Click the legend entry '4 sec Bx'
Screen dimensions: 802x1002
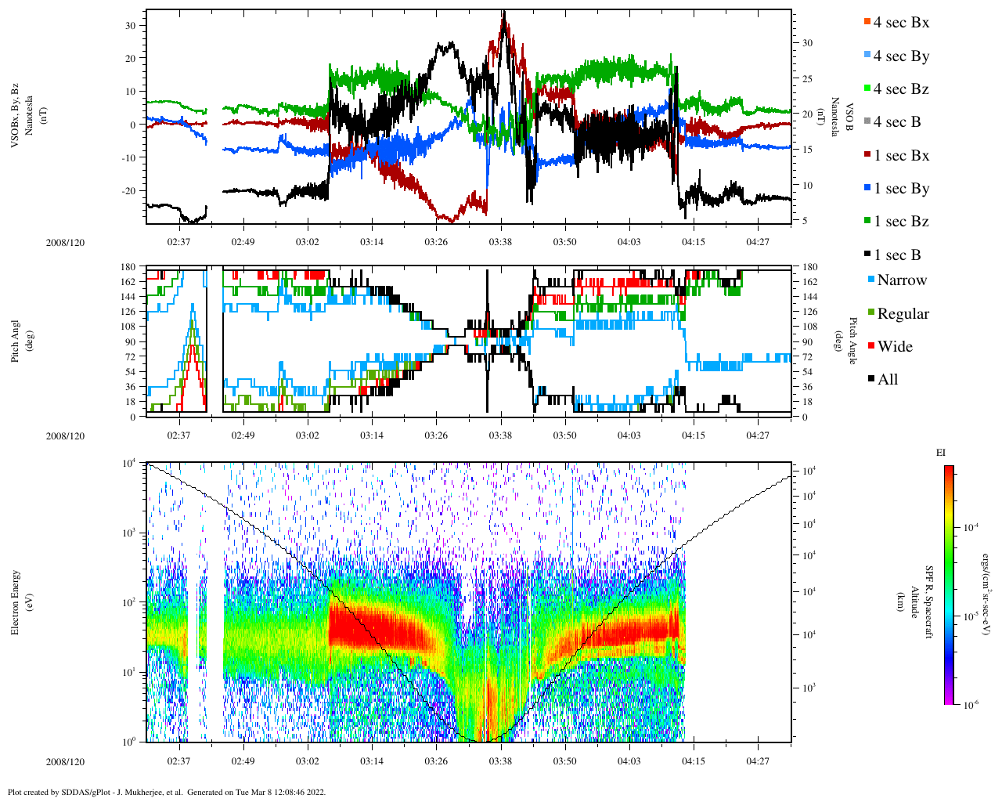pyautogui.click(x=900, y=23)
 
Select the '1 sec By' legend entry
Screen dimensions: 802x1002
pyautogui.click(x=900, y=189)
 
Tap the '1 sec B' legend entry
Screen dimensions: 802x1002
pyautogui.click(x=896, y=255)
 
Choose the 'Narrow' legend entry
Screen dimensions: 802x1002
pyautogui.click(x=901, y=280)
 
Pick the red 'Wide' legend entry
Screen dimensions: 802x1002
pyautogui.click(x=894, y=347)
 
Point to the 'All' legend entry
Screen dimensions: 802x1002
pyautogui.click(x=887, y=380)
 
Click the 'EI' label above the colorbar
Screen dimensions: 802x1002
pyautogui.click(x=941, y=453)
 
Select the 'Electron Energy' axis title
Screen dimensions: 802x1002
pyautogui.click(x=16, y=602)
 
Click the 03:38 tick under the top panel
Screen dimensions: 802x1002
pyautogui.click(x=500, y=242)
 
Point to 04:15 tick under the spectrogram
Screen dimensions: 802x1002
pyautogui.click(x=693, y=761)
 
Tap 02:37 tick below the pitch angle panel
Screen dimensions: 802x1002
pyautogui.click(x=178, y=435)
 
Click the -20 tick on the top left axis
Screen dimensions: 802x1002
pyautogui.click(x=129, y=191)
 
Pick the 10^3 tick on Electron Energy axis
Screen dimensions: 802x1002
pyautogui.click(x=129, y=533)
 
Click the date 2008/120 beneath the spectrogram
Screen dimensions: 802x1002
pyautogui.click(x=65, y=762)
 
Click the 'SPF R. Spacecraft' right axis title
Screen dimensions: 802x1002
pyautogui.click(x=929, y=602)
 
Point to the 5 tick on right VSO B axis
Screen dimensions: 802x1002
pyautogui.click(x=806, y=221)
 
